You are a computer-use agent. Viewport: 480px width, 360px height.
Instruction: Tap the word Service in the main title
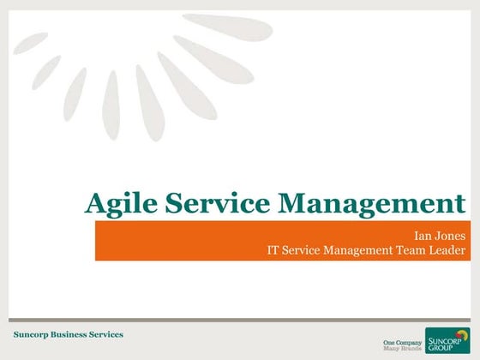pos(214,203)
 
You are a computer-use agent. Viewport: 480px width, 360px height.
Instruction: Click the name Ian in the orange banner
pos(422,234)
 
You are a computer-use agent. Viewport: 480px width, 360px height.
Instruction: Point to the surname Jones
pos(449,234)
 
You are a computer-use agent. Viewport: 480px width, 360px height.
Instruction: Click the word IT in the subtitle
pos(274,249)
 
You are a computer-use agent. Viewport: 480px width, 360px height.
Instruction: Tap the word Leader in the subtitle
pos(447,249)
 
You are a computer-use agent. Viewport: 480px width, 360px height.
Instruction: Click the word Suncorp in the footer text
pos(32,333)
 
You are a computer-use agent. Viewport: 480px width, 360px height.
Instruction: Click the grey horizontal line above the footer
pos(240,321)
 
